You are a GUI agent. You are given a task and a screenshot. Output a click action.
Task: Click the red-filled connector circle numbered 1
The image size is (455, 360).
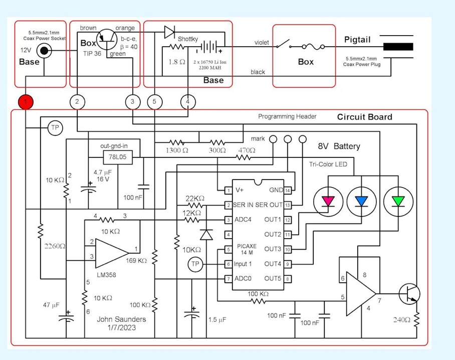pos(26,102)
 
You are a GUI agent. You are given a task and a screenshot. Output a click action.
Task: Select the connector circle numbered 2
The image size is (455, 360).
pos(77,102)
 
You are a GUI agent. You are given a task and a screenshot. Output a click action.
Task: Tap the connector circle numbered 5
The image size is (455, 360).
pos(155,102)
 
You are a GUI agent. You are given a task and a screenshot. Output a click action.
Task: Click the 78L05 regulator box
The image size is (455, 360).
pos(115,157)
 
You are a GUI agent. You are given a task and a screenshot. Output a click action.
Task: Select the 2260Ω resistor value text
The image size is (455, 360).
pos(52,246)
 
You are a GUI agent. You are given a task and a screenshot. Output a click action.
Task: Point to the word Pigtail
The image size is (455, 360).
pos(357,40)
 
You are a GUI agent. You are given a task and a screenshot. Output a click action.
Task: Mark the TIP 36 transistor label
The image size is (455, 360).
pos(92,53)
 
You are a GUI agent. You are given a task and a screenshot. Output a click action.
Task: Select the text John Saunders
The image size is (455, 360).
pos(121,319)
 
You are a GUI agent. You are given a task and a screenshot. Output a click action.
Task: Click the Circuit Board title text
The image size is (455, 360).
pos(364,117)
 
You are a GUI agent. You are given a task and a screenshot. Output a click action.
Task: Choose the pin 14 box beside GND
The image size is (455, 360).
pos(288,191)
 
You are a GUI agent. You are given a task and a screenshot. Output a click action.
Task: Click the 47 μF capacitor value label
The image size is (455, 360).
pos(52,305)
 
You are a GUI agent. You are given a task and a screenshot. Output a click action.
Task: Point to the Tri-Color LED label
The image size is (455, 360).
pos(328,164)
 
